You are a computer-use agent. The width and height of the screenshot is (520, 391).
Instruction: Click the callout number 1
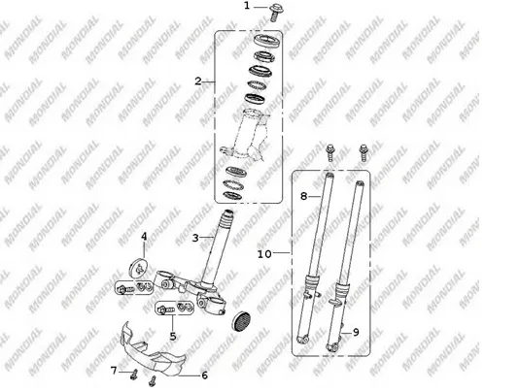[247, 6]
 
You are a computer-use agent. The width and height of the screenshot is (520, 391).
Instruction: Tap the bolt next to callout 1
[276, 13]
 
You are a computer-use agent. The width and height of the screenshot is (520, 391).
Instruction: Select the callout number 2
[198, 81]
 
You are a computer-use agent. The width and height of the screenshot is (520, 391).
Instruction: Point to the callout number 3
[195, 238]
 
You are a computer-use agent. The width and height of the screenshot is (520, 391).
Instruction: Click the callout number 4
[144, 237]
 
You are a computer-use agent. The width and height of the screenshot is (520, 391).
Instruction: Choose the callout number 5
[173, 336]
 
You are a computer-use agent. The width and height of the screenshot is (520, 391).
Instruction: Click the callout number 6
[205, 375]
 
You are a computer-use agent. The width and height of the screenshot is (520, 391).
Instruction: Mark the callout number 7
[114, 371]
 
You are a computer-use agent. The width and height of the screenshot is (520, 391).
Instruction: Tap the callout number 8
[303, 196]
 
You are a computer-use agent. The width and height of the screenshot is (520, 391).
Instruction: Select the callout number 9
[356, 332]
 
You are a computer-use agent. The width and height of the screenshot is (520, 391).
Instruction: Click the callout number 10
[264, 254]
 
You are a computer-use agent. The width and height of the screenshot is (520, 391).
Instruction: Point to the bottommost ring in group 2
[232, 195]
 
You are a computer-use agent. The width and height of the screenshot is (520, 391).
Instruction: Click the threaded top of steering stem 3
[228, 218]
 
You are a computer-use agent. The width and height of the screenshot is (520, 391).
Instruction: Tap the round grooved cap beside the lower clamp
[241, 321]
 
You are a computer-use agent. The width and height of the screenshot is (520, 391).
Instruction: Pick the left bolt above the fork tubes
[330, 152]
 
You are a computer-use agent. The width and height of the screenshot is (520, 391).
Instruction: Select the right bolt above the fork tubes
[364, 152]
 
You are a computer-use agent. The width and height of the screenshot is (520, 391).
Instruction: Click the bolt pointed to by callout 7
[134, 375]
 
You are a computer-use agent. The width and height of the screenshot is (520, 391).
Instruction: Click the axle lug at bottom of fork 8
[302, 340]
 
